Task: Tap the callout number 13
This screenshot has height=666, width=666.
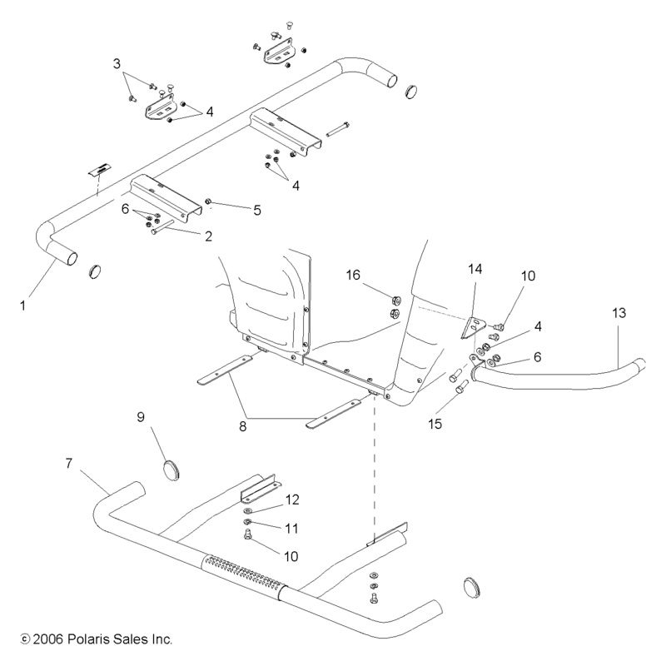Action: click(x=619, y=312)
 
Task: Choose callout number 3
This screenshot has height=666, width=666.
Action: click(x=117, y=63)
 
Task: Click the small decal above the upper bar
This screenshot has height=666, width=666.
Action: click(x=99, y=169)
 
